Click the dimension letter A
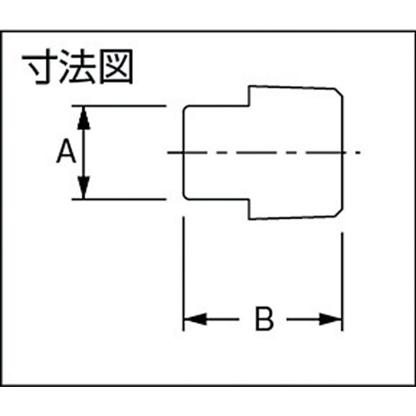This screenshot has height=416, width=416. click(67, 151)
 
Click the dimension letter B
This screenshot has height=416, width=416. click(264, 319)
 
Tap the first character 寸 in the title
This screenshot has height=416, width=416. click(40, 67)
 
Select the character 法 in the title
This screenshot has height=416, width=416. click(78, 67)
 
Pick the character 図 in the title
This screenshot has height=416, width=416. click(116, 67)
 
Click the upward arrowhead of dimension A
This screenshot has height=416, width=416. click(84, 118)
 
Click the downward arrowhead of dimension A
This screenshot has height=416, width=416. click(84, 187)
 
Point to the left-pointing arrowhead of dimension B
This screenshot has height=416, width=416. click(196, 319)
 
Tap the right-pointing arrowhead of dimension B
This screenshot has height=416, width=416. click(330, 319)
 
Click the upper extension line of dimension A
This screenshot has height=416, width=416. click(119, 106)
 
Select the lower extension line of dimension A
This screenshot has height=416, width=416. click(119, 199)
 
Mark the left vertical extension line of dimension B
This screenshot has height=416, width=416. click(183, 274)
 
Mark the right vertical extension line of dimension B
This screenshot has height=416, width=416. click(343, 281)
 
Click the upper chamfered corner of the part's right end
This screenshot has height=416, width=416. click(339, 92)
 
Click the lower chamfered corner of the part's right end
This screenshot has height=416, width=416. click(339, 212)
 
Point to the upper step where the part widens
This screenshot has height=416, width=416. click(249, 97)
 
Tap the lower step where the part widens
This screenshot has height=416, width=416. click(250, 209)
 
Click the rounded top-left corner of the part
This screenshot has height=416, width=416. click(185, 108)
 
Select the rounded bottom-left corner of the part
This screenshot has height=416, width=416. click(185, 197)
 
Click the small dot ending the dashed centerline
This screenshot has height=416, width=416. click(359, 152)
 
